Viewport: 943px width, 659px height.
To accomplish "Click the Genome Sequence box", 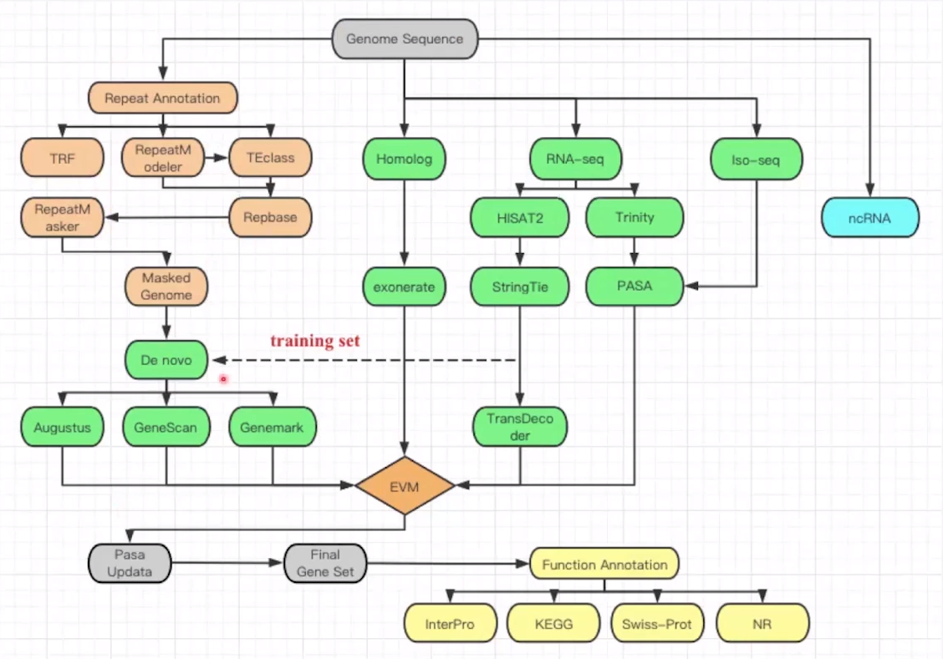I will (405, 39).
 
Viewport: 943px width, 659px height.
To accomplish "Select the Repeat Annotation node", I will (162, 98).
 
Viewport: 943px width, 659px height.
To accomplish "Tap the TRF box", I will (63, 158).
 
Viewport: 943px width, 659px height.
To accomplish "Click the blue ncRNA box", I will (869, 218).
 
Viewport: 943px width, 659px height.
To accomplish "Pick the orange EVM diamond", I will (405, 485).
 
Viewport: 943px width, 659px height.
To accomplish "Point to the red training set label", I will (314, 341).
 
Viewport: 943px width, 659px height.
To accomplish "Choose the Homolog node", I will (405, 158).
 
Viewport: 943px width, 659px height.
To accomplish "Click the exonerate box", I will (405, 286).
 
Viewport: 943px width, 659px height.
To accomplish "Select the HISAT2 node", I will (520, 218).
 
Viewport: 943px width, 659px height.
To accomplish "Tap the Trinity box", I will (635, 218).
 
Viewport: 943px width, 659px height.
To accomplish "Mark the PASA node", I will (635, 286).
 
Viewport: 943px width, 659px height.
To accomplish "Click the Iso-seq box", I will (756, 158).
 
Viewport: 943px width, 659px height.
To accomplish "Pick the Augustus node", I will (63, 428).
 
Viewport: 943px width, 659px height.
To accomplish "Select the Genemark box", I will (273, 428).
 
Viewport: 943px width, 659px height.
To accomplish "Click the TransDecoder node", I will (520, 427).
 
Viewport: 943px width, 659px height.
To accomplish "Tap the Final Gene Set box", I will (325, 564).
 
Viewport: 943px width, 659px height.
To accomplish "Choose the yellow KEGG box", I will (553, 624).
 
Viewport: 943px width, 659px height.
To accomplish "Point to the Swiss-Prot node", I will (657, 624).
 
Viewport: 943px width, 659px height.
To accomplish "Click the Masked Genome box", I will (166, 286).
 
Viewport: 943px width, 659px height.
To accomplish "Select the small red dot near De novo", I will (223, 379).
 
